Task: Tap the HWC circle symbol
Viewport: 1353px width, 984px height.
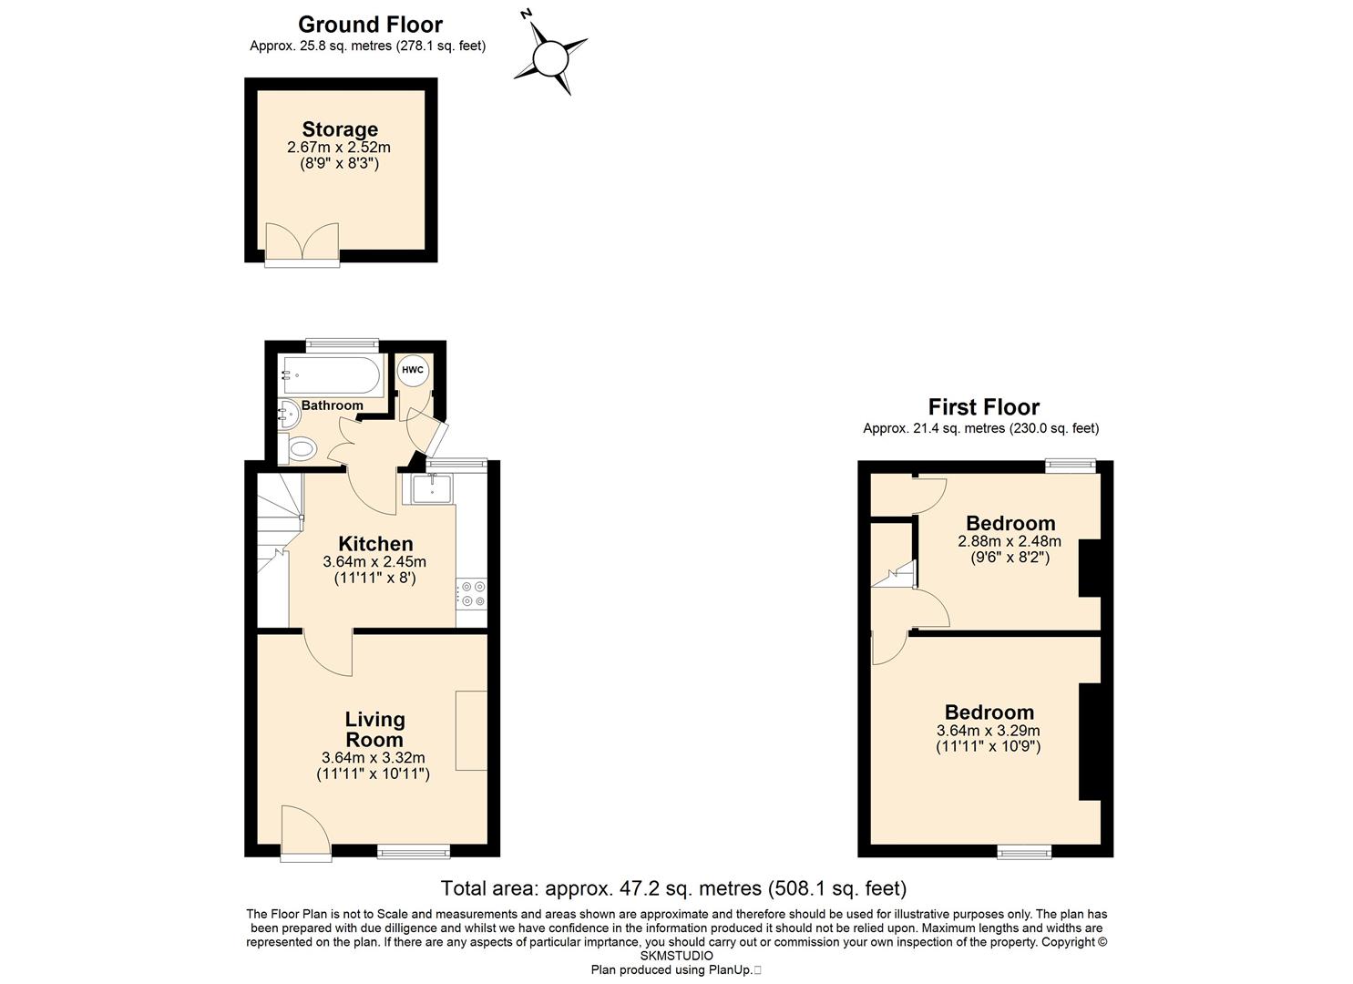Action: [413, 370]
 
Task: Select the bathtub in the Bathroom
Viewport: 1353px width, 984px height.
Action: [331, 375]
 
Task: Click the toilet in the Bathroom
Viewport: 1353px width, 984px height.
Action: [302, 450]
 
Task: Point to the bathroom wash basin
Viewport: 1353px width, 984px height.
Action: [289, 415]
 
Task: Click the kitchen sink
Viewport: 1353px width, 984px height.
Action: [432, 489]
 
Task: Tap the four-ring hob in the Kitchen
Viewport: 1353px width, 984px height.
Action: [472, 593]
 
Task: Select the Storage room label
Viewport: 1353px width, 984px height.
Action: [340, 129]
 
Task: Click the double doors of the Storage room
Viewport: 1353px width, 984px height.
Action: [302, 242]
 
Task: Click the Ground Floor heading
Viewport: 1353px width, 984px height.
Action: [370, 25]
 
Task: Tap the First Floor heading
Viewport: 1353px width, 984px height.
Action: [983, 407]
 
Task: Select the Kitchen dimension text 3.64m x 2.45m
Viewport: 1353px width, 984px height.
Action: [374, 562]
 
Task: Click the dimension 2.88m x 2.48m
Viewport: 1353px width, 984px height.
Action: [1010, 541]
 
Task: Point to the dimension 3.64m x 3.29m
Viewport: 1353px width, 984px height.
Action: [989, 731]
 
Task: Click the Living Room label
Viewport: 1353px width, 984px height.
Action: [374, 729]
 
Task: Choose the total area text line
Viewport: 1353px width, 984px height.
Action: [673, 888]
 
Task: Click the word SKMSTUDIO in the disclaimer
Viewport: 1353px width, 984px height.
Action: [676, 957]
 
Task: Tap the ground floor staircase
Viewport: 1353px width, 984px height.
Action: [280, 549]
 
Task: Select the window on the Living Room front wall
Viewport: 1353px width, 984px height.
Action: [414, 851]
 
